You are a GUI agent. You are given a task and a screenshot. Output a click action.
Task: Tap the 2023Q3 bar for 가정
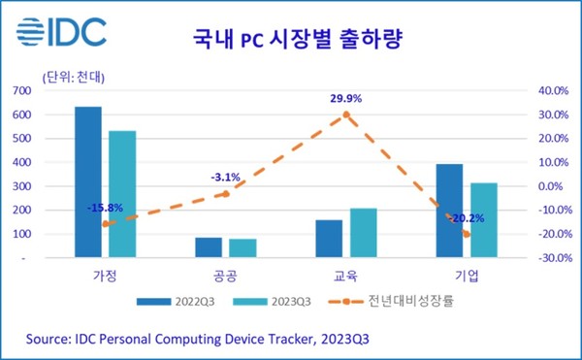pyautogui.click(x=122, y=194)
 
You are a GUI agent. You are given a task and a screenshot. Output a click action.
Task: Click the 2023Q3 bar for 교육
pyautogui.click(x=364, y=233)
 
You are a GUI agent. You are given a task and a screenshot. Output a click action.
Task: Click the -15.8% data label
pyautogui.click(x=105, y=207)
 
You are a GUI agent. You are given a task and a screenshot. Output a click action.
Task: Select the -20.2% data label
pyautogui.click(x=467, y=218)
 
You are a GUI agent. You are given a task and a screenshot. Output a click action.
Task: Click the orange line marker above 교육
pyautogui.click(x=346, y=115)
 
